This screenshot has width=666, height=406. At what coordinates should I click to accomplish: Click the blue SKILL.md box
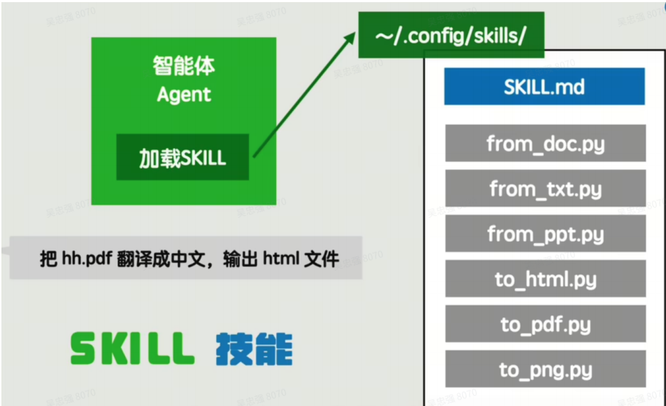(544, 86)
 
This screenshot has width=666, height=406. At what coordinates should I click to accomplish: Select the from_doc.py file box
(545, 143)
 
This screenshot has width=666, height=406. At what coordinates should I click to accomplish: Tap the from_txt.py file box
(545, 188)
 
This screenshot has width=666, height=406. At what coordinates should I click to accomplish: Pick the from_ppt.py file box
(545, 234)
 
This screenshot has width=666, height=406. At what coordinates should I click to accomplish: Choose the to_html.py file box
(545, 279)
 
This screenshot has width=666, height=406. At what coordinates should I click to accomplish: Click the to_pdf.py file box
(545, 325)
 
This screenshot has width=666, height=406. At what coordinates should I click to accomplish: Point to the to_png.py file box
(545, 370)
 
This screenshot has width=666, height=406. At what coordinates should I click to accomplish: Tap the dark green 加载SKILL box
(182, 157)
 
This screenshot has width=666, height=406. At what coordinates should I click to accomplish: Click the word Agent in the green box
(184, 95)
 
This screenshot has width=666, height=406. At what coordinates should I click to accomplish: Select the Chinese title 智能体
(184, 66)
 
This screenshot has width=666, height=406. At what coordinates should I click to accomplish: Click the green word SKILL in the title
(132, 349)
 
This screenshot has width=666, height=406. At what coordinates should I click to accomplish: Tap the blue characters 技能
(253, 349)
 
